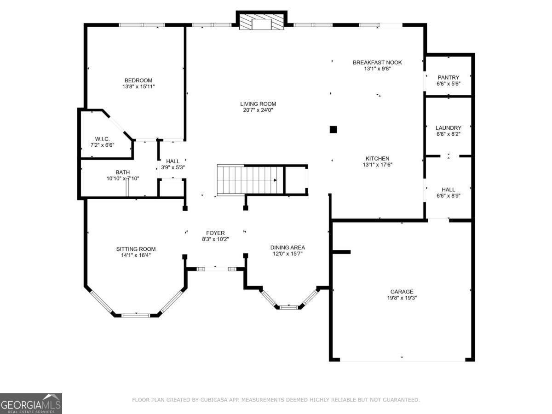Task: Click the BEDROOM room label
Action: tap(138, 80)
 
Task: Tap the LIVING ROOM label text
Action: tap(258, 104)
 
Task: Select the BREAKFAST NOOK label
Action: tap(377, 63)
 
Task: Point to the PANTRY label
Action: tap(448, 78)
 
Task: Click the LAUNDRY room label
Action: tap(448, 128)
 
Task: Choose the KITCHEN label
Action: tap(377, 159)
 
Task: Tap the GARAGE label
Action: tap(402, 292)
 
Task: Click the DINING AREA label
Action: tap(287, 247)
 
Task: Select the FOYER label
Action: tap(215, 233)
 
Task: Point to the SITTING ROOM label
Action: tap(136, 249)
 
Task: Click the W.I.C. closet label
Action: tap(102, 139)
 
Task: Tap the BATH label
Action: tap(122, 172)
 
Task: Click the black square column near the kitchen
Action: tap(333, 130)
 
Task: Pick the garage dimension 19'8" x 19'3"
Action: tap(402, 298)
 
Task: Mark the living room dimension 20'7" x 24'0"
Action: tap(258, 110)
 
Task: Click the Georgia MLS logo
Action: tap(31, 403)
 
